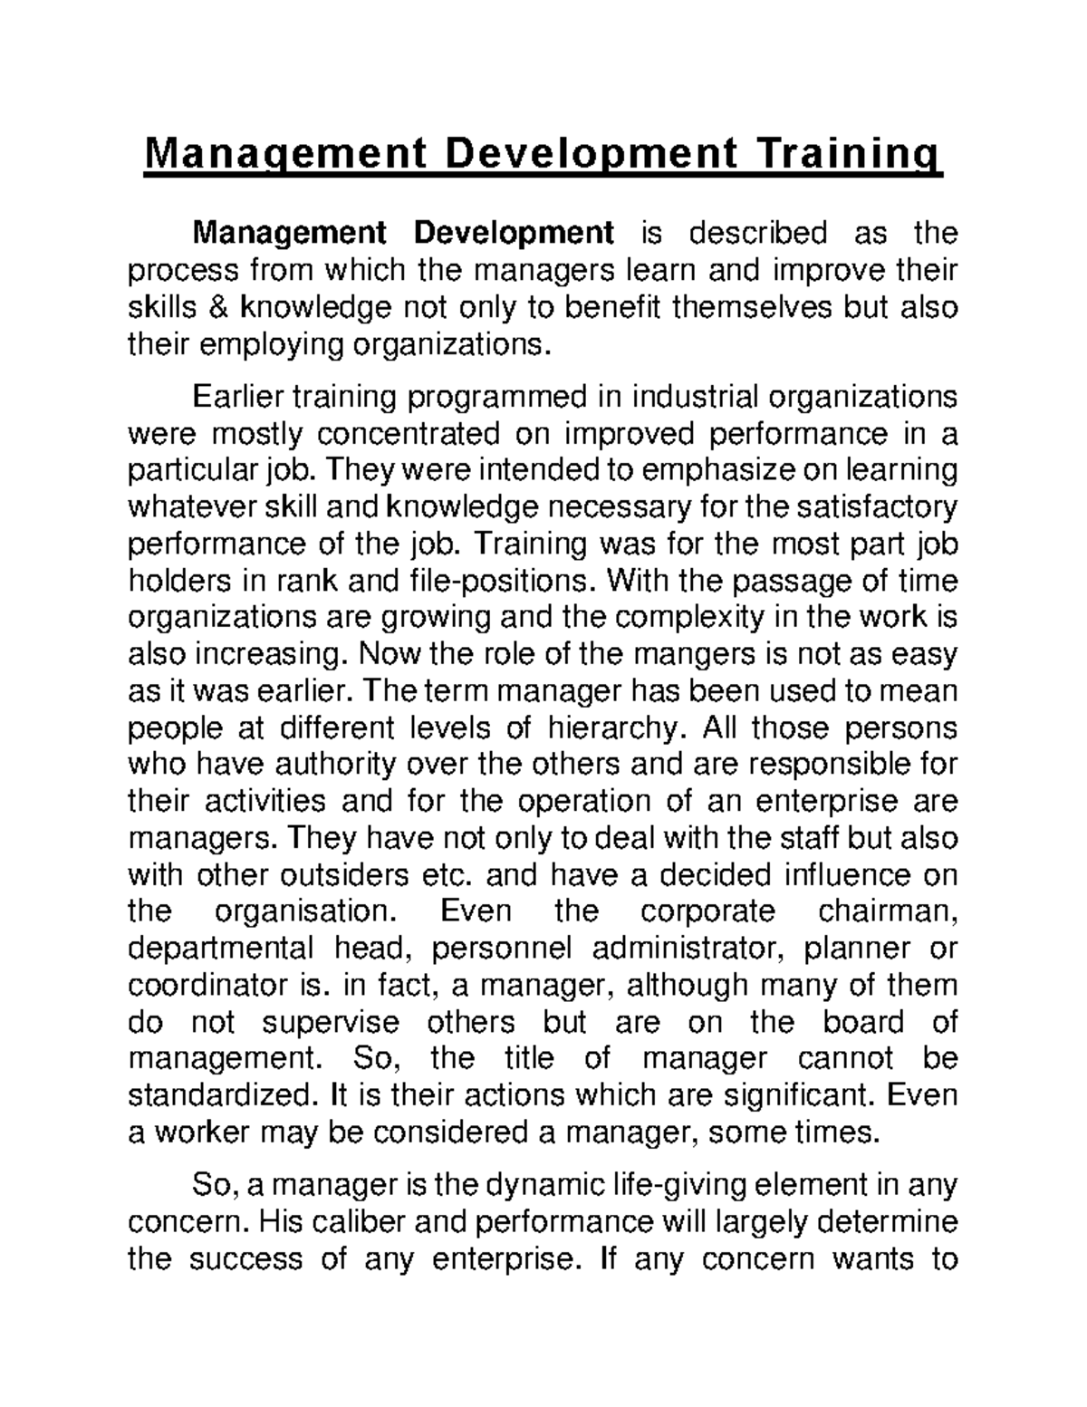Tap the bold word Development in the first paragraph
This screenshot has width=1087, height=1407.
514,233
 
